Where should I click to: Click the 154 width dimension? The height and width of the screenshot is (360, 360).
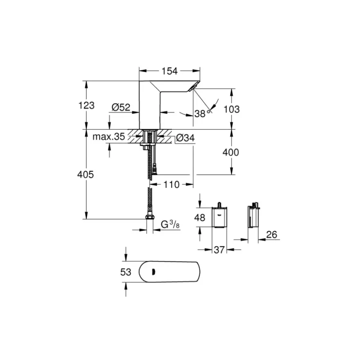170,71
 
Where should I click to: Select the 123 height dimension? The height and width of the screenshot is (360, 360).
86,106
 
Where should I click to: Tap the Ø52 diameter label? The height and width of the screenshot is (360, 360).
121,107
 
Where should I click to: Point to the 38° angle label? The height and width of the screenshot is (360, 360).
202,113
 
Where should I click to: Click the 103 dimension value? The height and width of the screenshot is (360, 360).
232,109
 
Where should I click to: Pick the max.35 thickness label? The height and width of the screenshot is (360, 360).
108,137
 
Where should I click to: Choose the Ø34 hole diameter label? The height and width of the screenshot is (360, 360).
185,138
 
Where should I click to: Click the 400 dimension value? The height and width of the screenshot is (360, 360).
231,152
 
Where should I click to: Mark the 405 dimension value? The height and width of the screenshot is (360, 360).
85,175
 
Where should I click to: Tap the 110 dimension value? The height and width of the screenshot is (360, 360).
171,184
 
